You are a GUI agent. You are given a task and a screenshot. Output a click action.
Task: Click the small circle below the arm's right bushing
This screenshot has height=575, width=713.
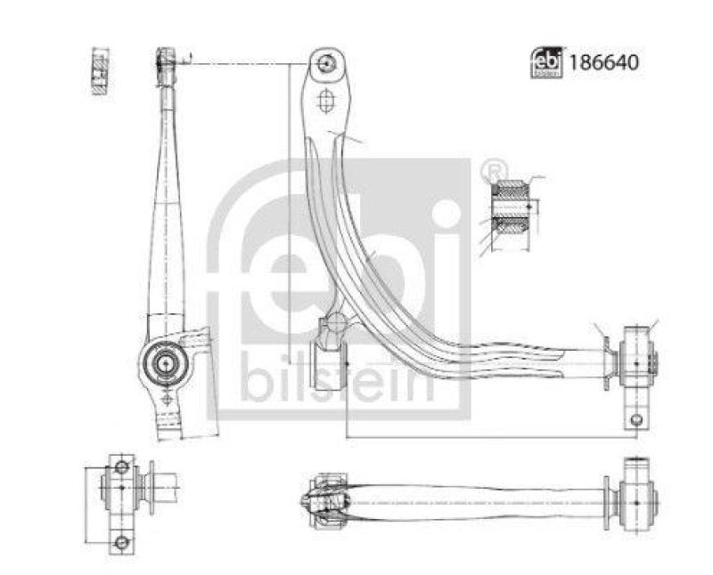(x=636, y=420)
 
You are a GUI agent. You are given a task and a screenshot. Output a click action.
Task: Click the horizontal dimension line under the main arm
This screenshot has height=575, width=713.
(x=490, y=437)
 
